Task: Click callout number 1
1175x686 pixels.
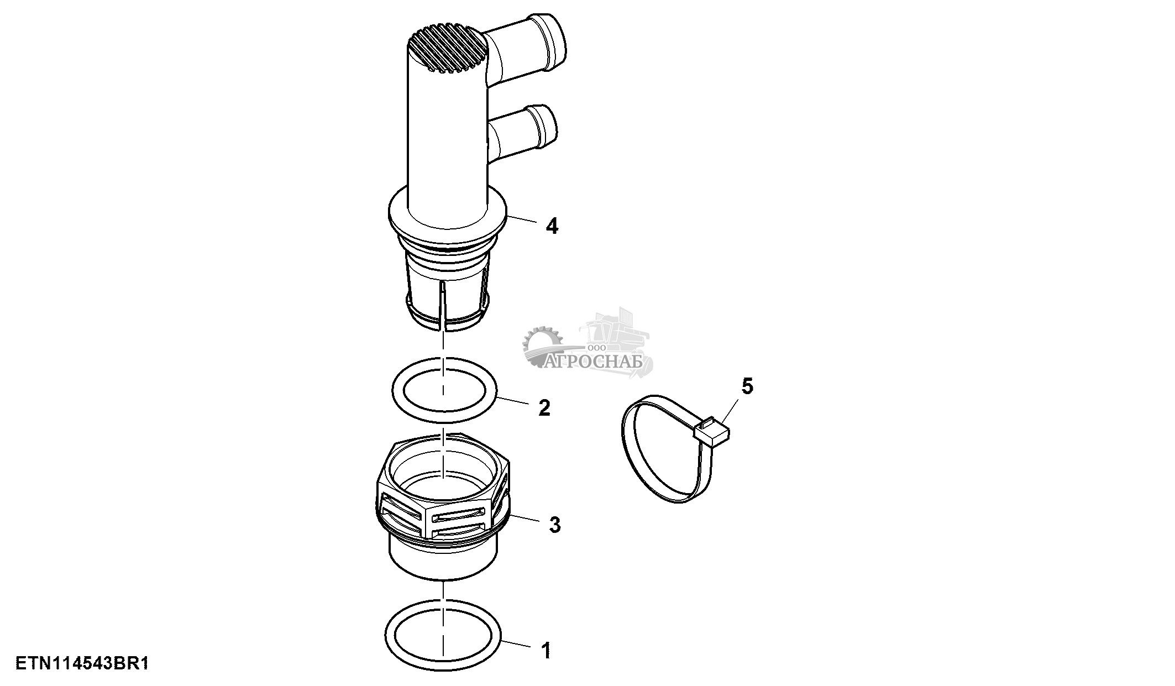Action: coord(546,651)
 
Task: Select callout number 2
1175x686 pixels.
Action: coord(544,408)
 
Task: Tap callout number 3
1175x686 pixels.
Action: coord(554,525)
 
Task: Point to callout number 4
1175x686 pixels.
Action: coord(552,226)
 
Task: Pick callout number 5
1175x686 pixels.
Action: coord(747,386)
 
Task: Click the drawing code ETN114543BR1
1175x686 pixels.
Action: coord(82,663)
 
